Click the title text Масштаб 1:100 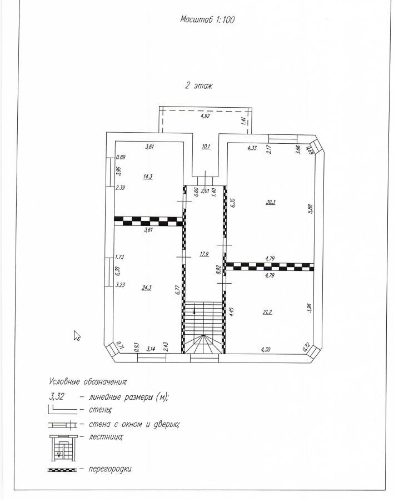(x=208, y=19)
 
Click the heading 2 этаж (x=198, y=86)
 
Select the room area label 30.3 (x=271, y=203)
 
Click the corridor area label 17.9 (x=204, y=255)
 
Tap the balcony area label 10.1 (x=206, y=147)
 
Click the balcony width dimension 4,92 (x=206, y=117)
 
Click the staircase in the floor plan (x=203, y=328)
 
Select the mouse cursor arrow (x=77, y=335)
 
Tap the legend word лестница (x=106, y=436)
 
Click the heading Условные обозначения (x=88, y=382)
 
